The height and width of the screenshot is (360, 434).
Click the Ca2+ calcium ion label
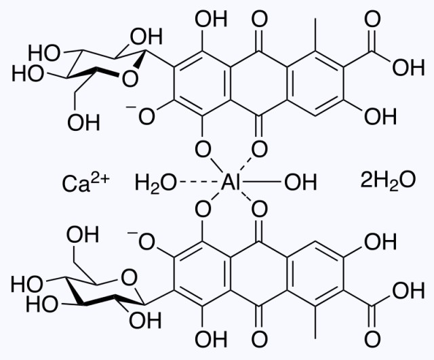click(x=86, y=182)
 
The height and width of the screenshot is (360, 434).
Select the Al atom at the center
click(x=231, y=182)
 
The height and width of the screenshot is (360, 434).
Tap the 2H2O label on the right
click(x=388, y=180)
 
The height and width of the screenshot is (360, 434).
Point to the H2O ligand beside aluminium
click(x=155, y=184)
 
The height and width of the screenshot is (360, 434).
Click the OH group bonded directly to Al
click(x=300, y=182)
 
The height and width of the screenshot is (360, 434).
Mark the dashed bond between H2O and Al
click(x=198, y=182)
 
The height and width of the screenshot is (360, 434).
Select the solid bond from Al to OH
click(x=261, y=182)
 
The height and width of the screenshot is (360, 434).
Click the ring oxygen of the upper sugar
click(x=130, y=79)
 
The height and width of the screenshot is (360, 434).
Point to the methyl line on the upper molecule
click(x=315, y=35)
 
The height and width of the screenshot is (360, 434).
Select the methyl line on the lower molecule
click(x=315, y=322)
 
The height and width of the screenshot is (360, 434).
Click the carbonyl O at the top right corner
click(x=372, y=19)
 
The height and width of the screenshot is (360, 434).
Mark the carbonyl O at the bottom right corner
click(x=372, y=339)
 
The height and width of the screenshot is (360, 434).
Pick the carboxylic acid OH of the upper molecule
click(x=408, y=68)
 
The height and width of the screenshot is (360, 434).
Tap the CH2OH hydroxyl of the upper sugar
click(x=83, y=122)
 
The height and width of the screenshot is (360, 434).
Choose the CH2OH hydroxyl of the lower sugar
click(x=83, y=234)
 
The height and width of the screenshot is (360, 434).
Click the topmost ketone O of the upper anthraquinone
click(x=259, y=19)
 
